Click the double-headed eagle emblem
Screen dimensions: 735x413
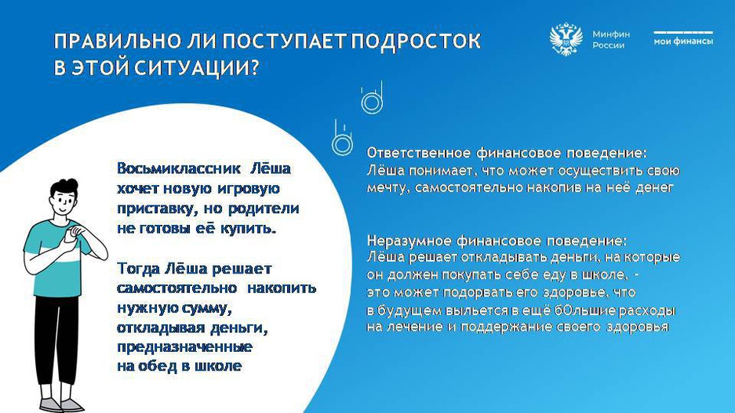click(x=566, y=39)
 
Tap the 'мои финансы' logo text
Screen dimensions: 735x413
click(x=683, y=42)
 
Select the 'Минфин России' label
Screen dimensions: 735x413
click(x=611, y=40)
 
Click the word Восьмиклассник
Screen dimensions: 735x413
click(x=179, y=168)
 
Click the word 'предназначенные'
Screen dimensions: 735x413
click(x=184, y=347)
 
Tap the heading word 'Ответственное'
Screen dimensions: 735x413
click(x=419, y=153)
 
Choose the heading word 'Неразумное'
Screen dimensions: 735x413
click(x=409, y=241)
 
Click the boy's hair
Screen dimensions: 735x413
click(x=64, y=189)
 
